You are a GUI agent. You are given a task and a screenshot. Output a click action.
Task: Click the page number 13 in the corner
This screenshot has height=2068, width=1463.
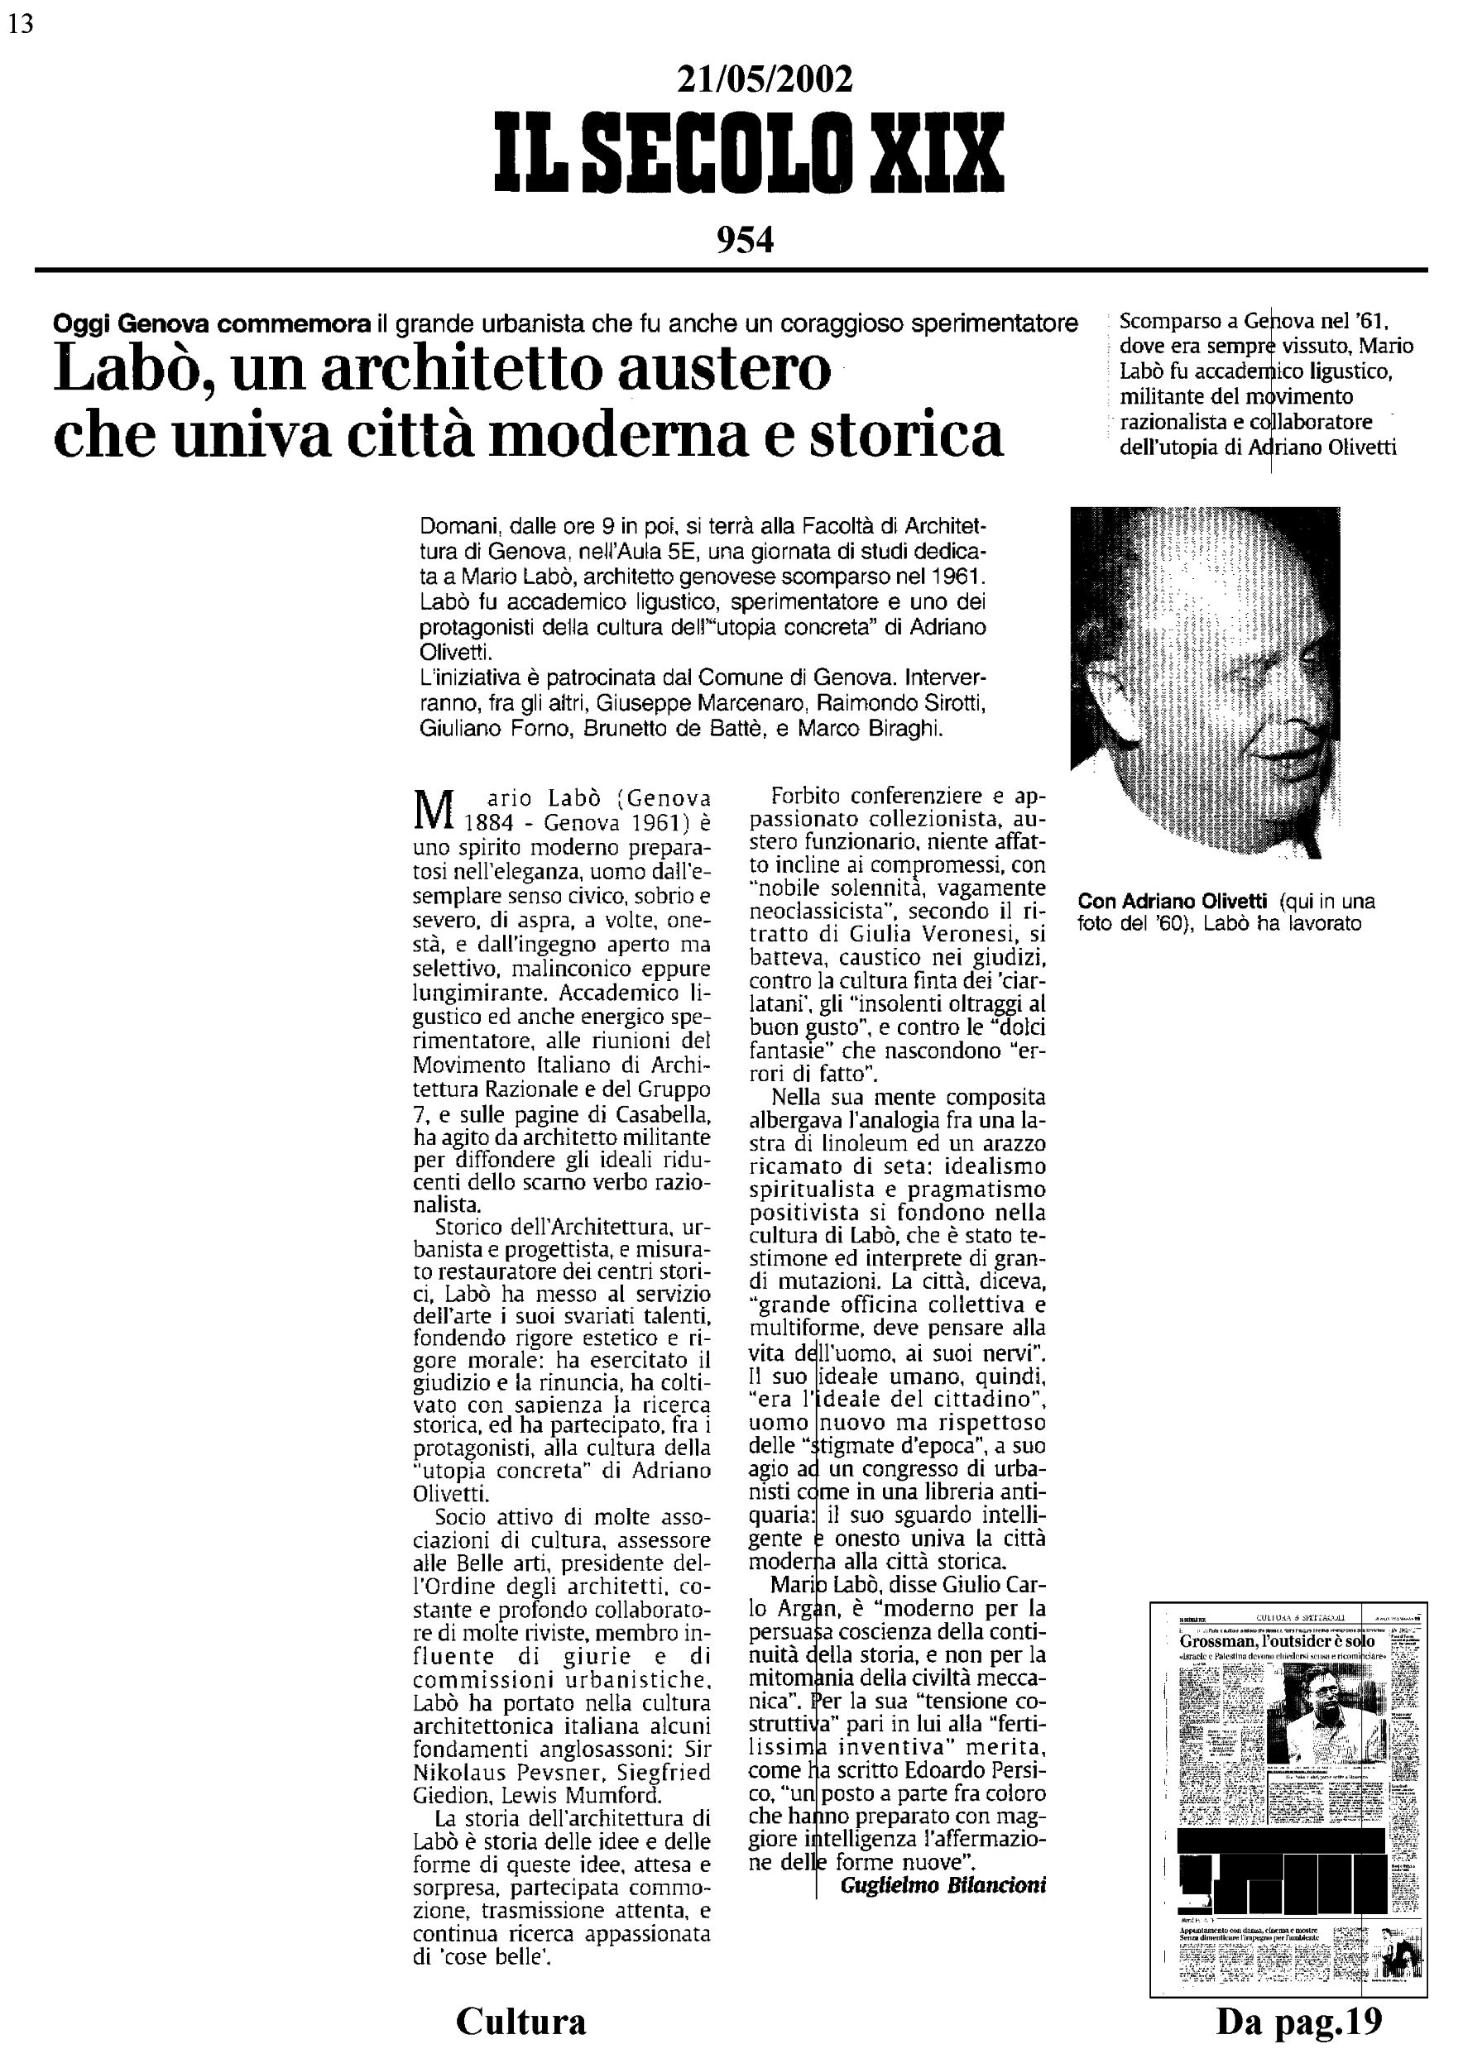click(20, 24)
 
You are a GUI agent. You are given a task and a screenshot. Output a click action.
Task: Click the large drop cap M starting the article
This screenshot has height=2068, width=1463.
click(430, 809)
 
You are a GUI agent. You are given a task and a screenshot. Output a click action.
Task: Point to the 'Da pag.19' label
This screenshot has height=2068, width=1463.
click(1298, 2021)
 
